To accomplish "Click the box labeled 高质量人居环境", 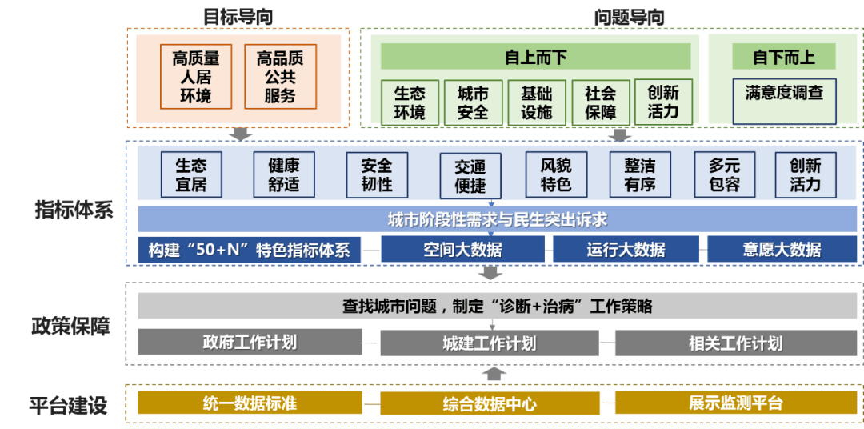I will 196,77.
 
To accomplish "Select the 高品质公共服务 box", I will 280,77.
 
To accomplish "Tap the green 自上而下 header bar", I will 535,57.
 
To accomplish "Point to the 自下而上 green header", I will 783,57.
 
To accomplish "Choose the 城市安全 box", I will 473,102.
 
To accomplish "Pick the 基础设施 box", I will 536,102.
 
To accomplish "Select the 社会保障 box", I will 600,102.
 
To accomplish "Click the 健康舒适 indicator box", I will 283,174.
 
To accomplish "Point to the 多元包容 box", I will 724,174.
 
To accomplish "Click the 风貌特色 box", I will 556,174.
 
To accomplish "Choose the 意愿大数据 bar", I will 782,249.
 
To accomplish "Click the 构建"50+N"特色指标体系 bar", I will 249,249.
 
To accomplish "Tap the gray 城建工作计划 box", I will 489,343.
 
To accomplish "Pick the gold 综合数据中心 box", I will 489,403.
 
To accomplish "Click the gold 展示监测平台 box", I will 735,403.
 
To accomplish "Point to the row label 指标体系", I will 74,210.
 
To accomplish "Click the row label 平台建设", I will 68,405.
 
